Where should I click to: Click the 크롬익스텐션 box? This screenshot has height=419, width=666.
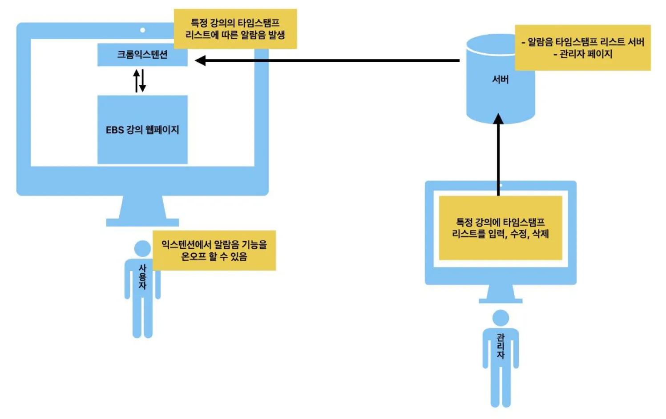tap(142, 55)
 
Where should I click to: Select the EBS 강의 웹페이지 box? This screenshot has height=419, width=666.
tap(142, 130)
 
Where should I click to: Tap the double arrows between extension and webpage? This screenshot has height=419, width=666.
tap(140, 80)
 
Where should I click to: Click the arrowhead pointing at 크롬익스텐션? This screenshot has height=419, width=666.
tap(200, 60)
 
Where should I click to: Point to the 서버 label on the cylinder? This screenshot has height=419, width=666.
tap(500, 80)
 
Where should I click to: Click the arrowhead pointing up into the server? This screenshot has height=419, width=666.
tap(498, 119)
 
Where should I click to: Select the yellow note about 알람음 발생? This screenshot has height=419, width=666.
tap(235, 29)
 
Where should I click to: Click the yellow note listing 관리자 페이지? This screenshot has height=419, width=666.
tap(582, 48)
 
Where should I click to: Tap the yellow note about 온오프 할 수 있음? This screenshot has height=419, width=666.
tap(214, 250)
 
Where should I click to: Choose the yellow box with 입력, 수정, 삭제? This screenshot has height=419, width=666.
tap(500, 228)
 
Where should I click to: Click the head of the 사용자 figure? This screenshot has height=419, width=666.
tap(142, 248)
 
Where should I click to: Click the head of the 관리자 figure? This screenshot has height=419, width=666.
tap(501, 318)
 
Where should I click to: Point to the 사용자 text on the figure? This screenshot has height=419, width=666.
tap(142, 277)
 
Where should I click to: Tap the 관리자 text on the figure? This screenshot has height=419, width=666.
tap(501, 346)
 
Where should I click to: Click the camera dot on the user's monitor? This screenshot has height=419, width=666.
tap(142, 30)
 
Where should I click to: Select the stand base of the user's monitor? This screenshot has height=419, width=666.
tap(142, 222)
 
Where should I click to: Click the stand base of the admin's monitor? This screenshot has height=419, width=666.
tap(501, 301)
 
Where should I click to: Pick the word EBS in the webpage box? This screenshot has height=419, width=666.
tap(114, 130)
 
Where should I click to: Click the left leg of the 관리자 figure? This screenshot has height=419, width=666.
tap(495, 387)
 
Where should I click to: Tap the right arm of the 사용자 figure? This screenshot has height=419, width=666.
tap(158, 284)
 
